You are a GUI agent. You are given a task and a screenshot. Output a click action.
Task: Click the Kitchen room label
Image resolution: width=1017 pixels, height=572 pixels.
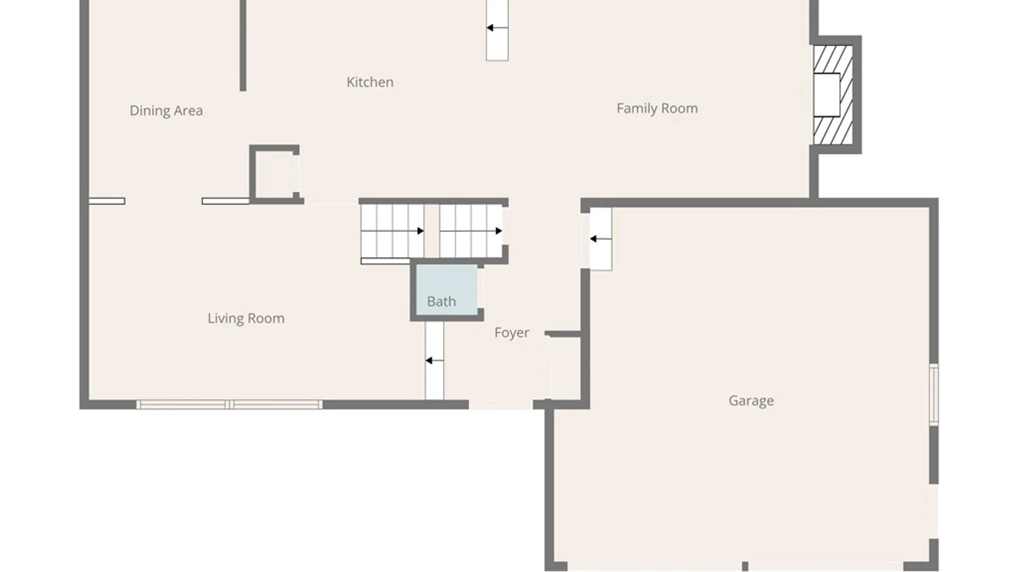[x=370, y=82]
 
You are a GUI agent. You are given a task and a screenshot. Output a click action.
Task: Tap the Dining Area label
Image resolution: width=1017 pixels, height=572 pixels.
[x=166, y=111]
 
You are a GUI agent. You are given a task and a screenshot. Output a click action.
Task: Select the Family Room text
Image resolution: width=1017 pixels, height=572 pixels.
[x=657, y=109]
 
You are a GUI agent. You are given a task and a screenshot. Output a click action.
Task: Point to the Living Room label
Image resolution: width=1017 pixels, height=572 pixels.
[x=246, y=318]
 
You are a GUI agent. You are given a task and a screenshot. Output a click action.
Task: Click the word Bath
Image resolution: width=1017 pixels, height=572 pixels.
[x=441, y=301]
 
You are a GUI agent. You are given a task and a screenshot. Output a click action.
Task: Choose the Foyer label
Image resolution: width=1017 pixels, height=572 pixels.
[x=511, y=333]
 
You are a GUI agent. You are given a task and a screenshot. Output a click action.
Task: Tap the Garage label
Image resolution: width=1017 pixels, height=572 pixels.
[x=751, y=400]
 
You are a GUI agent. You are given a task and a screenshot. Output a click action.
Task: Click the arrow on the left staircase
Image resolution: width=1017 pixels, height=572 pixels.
[x=420, y=231]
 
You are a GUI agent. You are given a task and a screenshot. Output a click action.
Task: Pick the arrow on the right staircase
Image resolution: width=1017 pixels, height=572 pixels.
[x=498, y=231]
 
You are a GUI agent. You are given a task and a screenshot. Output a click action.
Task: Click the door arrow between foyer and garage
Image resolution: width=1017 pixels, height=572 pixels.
[x=594, y=239]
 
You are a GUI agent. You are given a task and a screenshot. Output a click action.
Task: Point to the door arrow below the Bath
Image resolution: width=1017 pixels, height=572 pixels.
[x=429, y=361]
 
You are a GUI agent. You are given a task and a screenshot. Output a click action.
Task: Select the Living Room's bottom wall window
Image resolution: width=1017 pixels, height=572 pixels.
[x=229, y=405]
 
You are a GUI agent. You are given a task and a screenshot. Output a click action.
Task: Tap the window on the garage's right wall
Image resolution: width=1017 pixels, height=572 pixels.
[x=934, y=394]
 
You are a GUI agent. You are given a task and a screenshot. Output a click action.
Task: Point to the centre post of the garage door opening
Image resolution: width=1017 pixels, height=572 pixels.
[x=745, y=566]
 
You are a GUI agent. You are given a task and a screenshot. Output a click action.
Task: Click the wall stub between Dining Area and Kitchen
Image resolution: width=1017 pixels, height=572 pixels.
[x=243, y=45]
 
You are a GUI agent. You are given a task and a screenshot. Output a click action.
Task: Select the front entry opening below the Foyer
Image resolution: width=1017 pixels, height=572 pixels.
[x=501, y=405]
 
